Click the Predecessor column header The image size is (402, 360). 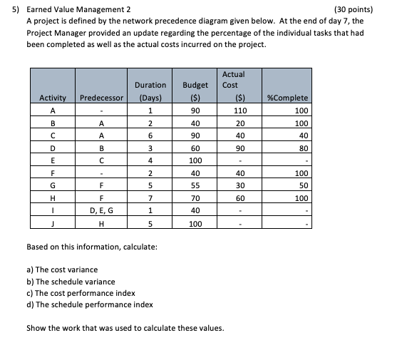102,98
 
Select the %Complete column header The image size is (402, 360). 287,98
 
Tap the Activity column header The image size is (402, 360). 53,98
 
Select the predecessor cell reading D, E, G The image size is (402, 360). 102,210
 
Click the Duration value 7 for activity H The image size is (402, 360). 150,198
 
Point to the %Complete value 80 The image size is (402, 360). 301,148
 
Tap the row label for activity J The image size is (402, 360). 53,223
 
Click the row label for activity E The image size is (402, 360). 53,160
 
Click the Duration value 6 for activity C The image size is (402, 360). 150,135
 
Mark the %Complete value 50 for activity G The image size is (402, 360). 301,185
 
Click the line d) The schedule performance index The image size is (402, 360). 89,304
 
